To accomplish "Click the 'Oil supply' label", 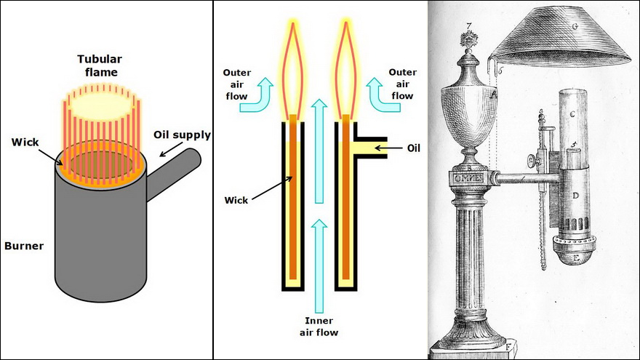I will coord(182,135).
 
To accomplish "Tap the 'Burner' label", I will coord(23,246).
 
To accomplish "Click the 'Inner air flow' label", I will coord(319,327).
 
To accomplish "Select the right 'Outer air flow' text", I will coord(402,84).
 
